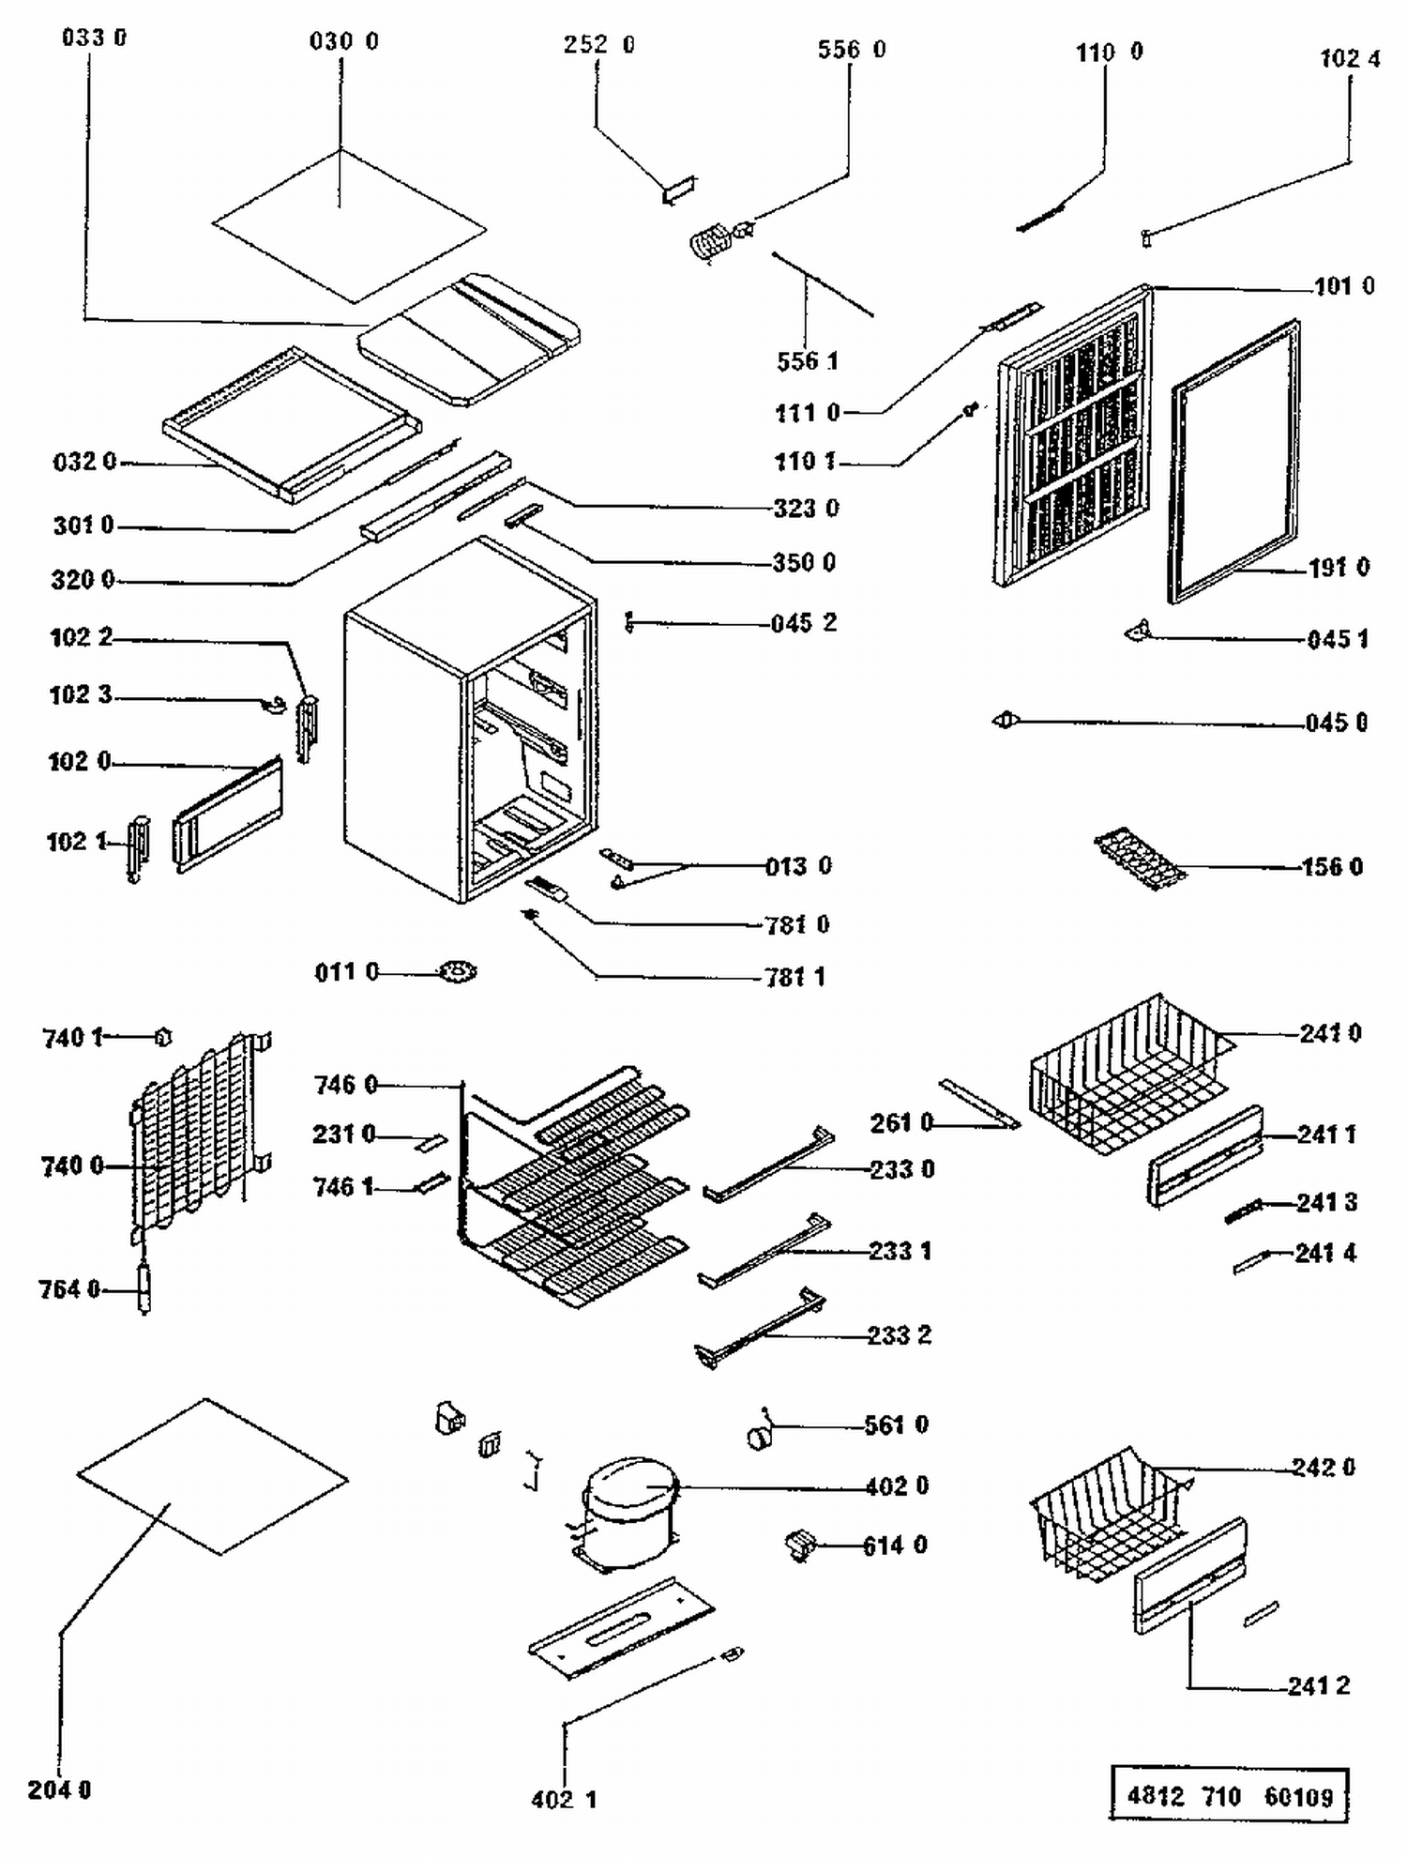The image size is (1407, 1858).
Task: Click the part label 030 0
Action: click(x=343, y=42)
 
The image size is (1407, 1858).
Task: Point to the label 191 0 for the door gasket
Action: click(x=1339, y=568)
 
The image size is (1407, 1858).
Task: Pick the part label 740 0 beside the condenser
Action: click(x=72, y=1166)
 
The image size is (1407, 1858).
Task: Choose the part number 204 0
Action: click(x=59, y=1790)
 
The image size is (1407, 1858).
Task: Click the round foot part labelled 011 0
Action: click(x=458, y=972)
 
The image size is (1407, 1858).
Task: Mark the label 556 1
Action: click(x=807, y=361)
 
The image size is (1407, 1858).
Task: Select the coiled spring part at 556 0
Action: click(x=710, y=243)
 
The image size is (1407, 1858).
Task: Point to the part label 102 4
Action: click(x=1350, y=59)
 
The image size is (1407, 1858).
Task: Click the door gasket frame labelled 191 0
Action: click(x=1234, y=460)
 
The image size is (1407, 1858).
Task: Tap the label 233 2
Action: click(x=899, y=1335)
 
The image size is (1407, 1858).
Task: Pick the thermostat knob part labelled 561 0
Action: click(x=760, y=1437)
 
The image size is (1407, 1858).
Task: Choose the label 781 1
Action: click(x=794, y=978)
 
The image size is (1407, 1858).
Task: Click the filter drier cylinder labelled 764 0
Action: click(x=144, y=1287)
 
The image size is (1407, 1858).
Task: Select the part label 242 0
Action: click(x=1323, y=1468)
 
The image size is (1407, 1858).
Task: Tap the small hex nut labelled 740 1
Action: click(x=163, y=1037)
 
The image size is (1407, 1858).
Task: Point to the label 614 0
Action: click(x=894, y=1546)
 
